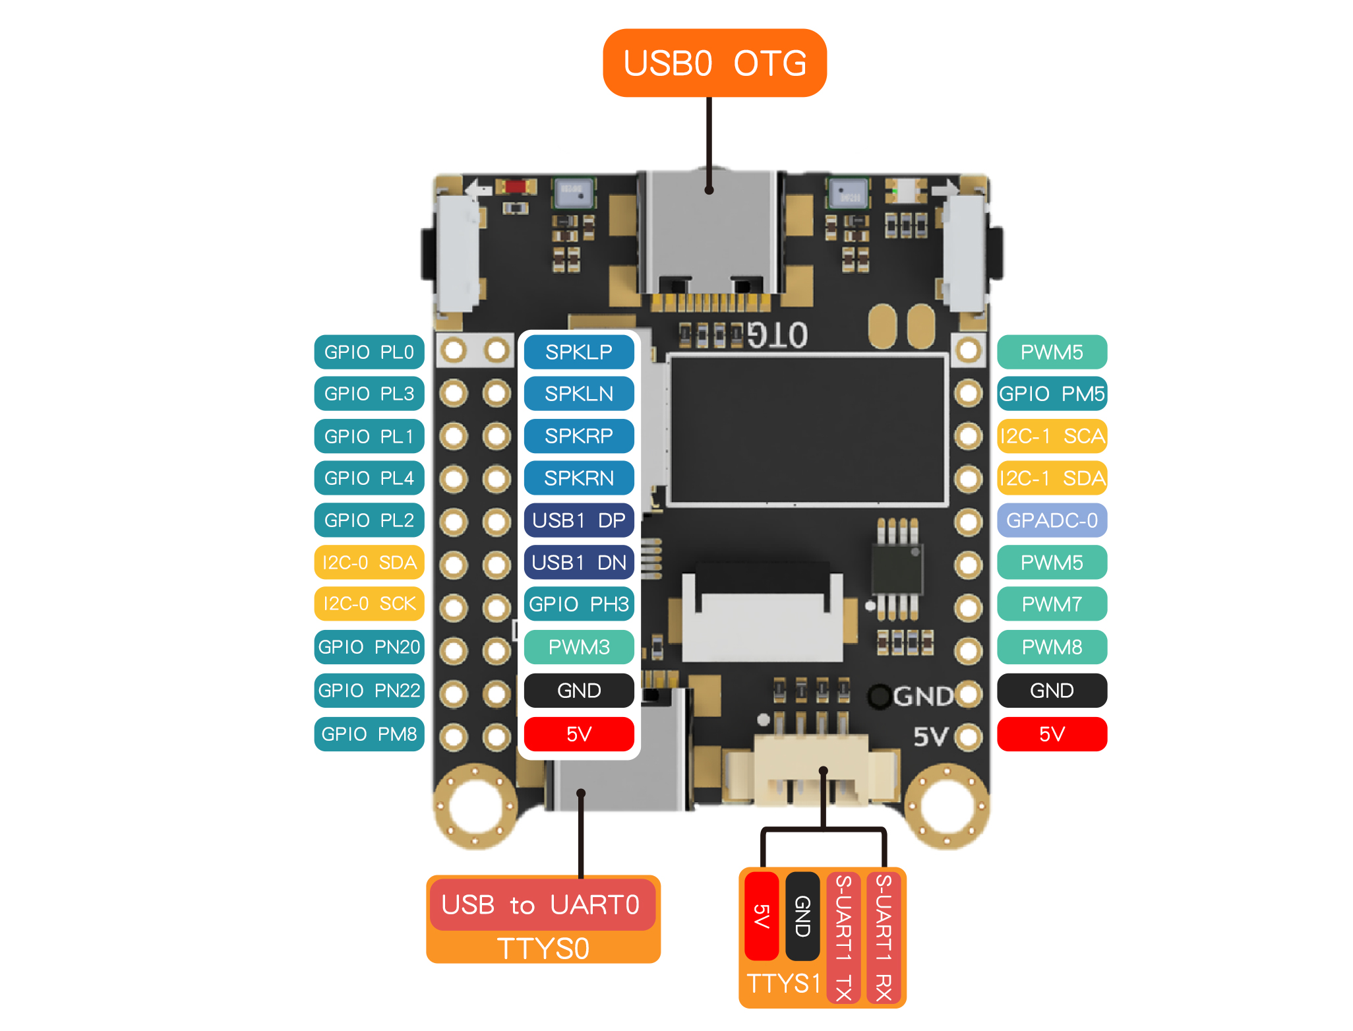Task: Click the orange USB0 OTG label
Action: (x=714, y=63)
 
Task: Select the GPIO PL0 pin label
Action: (x=369, y=352)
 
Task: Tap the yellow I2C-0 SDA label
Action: (x=369, y=563)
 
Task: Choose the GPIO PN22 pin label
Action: (x=369, y=691)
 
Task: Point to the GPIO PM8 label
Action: (x=369, y=734)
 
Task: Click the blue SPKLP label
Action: (x=578, y=352)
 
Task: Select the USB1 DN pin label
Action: (x=578, y=563)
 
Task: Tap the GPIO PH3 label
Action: (x=578, y=604)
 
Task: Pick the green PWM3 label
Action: (x=578, y=647)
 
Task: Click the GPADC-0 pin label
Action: (x=1052, y=520)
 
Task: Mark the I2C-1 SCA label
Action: (x=1052, y=436)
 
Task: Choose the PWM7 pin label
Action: (x=1052, y=604)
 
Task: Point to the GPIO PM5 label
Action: (x=1052, y=394)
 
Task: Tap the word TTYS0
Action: (x=543, y=949)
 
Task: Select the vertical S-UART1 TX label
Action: (x=843, y=937)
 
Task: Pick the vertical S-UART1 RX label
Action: (x=884, y=937)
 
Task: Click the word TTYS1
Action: (x=783, y=984)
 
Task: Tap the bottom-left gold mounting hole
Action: (x=475, y=806)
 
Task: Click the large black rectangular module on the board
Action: (x=807, y=430)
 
